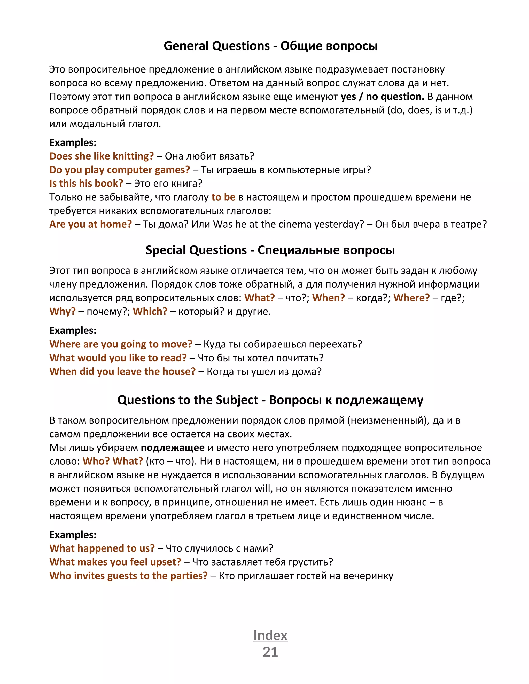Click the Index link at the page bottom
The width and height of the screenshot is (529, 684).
click(x=270, y=635)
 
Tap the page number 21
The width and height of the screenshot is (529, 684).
click(x=270, y=652)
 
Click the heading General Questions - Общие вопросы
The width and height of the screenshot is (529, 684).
click(x=270, y=46)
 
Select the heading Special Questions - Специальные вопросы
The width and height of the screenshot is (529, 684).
click(x=270, y=250)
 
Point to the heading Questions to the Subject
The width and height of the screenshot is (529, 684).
click(x=270, y=400)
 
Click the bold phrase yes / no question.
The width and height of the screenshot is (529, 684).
click(x=382, y=97)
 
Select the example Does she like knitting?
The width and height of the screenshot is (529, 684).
click(x=102, y=156)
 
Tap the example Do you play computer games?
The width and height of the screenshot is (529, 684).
click(x=119, y=170)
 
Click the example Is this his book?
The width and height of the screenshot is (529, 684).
click(x=86, y=183)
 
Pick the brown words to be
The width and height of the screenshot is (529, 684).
click(x=223, y=197)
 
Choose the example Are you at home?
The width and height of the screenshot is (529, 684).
click(x=91, y=224)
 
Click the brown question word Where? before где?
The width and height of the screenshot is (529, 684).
click(x=411, y=298)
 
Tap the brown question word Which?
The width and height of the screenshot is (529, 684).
click(x=150, y=311)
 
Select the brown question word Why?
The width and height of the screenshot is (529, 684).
click(x=62, y=311)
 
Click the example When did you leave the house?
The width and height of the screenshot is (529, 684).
click(x=122, y=371)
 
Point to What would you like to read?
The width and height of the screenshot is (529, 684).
click(x=118, y=358)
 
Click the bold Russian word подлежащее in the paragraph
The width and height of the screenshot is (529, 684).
click(x=173, y=448)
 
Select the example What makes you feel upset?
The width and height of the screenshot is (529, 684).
click(x=115, y=562)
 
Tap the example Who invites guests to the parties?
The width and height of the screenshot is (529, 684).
click(x=128, y=576)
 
